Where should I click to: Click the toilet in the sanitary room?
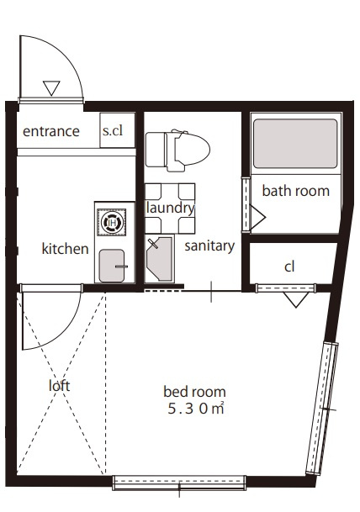177,150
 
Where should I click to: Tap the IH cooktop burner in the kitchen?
112,223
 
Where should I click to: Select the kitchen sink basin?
112,266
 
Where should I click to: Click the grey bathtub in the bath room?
295,144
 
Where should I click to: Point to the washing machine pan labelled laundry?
170,208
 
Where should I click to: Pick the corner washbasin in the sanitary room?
160,259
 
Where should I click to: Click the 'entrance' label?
51,131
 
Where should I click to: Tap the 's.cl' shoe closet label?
113,130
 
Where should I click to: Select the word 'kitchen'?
66,249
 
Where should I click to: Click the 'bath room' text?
295,191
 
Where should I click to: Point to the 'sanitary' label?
209,246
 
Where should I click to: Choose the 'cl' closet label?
289,267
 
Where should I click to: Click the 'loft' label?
59,386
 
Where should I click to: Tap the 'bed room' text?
194,392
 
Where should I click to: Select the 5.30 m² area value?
196,409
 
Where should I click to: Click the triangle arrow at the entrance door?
51,88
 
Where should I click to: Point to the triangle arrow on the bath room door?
257,217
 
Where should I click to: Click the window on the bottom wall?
179,483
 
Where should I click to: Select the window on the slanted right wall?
322,409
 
